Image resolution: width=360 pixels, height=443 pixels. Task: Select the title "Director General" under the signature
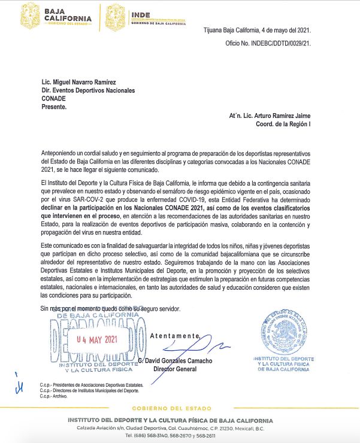point(175,370)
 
